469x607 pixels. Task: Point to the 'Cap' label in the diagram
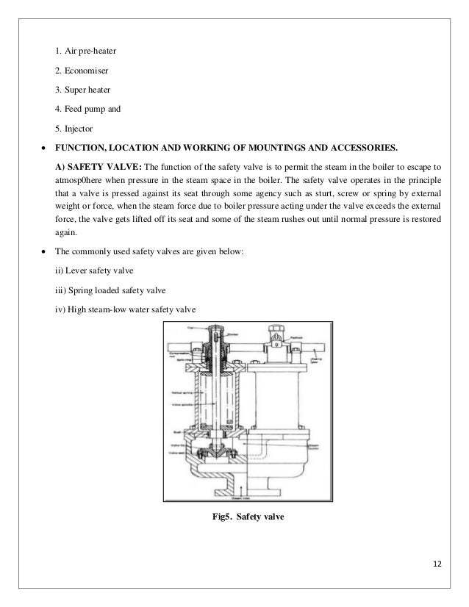[192, 332]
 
